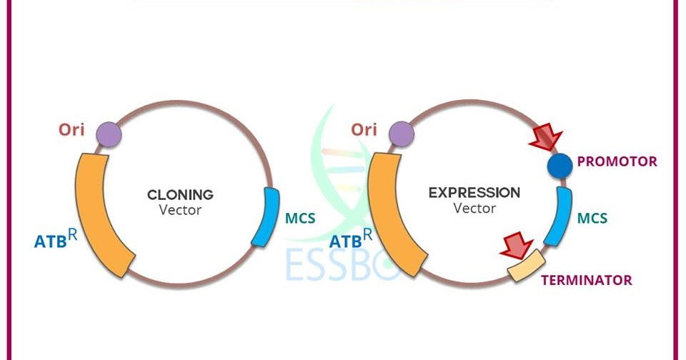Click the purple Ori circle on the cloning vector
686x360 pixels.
[106, 134]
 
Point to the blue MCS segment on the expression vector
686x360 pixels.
[558, 214]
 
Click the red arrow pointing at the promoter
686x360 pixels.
[546, 136]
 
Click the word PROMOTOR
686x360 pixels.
[617, 161]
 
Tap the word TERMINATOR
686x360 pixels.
[586, 280]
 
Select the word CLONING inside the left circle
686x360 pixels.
[180, 194]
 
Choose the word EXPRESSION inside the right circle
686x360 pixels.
[474, 193]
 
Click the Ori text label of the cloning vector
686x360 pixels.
[72, 130]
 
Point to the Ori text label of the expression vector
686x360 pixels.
[364, 130]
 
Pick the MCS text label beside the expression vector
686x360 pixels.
[592, 216]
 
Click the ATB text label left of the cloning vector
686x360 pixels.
[55, 240]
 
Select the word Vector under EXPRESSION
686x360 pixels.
[474, 209]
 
